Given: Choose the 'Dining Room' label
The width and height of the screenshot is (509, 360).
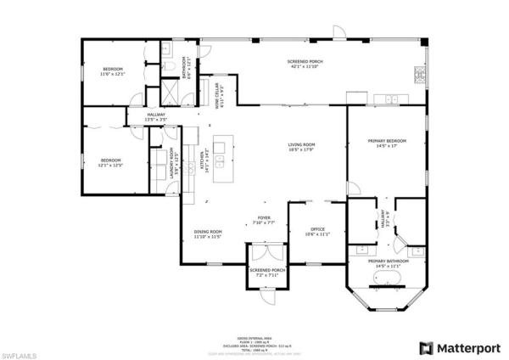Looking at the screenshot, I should pos(208,234).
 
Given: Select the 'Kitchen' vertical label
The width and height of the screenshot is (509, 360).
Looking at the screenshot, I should pos(203,159).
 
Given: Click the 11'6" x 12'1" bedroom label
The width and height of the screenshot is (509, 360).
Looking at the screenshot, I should pos(114,70).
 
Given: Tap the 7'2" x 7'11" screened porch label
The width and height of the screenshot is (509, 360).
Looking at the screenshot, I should pos(266,273).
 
